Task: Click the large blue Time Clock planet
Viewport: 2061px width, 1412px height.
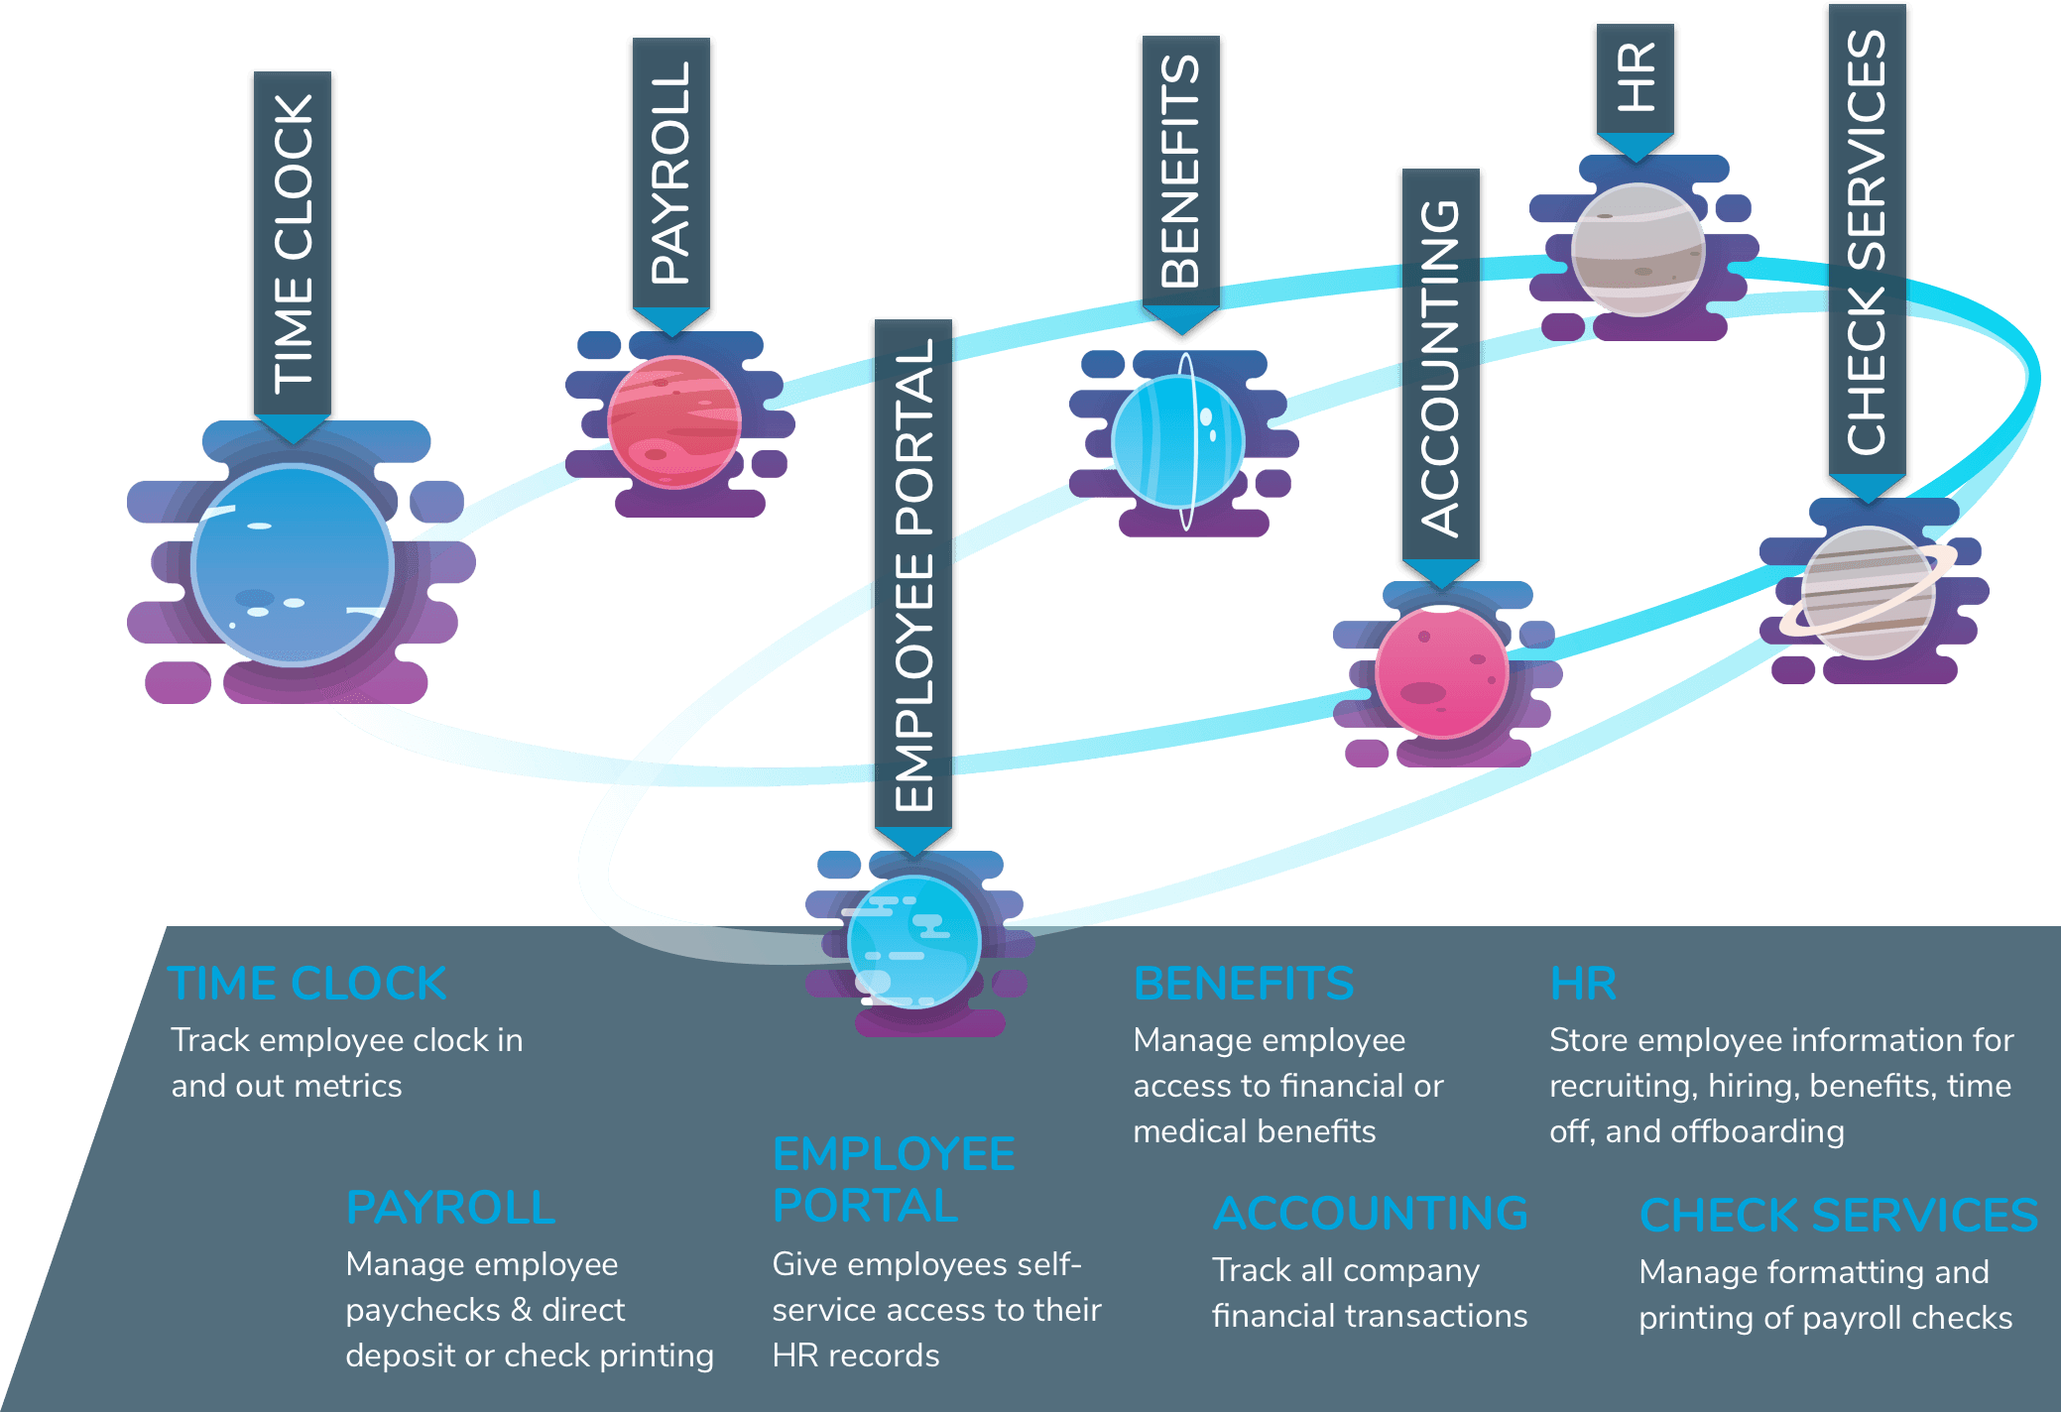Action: pyautogui.click(x=293, y=565)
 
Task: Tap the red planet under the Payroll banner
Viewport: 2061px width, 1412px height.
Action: pyautogui.click(x=674, y=422)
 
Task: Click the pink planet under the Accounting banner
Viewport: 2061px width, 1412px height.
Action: pyautogui.click(x=1442, y=672)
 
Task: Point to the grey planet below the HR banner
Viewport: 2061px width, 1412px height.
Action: pyautogui.click(x=1638, y=250)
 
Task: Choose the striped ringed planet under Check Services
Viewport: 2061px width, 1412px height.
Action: pyautogui.click(x=1867, y=593)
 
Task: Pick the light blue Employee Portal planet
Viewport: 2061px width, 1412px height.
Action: pyautogui.click(x=914, y=942)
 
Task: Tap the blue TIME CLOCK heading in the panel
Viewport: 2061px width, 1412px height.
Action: pyautogui.click(x=308, y=984)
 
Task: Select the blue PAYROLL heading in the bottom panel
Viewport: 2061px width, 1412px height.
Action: pyautogui.click(x=450, y=1208)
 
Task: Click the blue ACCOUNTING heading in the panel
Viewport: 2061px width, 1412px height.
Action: pyautogui.click(x=1371, y=1214)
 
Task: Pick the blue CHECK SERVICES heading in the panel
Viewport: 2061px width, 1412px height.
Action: pyautogui.click(x=1839, y=1216)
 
